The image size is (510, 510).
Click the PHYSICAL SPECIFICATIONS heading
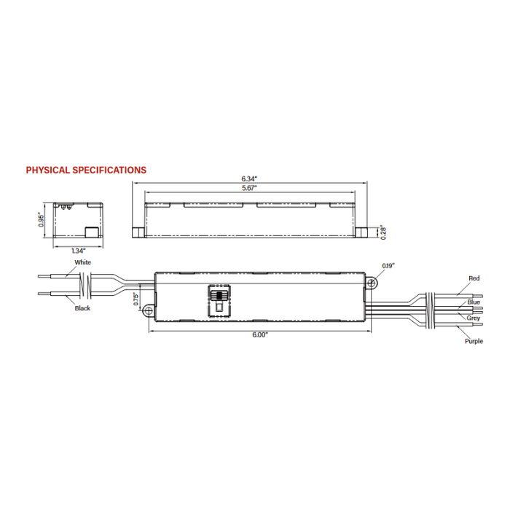[x=86, y=170]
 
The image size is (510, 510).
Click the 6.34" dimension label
[x=250, y=178]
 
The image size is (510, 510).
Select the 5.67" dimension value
[x=250, y=188]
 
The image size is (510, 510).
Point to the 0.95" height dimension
[x=42, y=220]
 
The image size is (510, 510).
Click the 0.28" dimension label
[x=382, y=232]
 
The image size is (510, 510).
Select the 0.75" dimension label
[x=136, y=299]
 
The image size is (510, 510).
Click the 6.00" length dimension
[x=260, y=334]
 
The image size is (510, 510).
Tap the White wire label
[x=82, y=262]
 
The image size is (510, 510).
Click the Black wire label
[x=82, y=308]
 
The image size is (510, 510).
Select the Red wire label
[x=474, y=278]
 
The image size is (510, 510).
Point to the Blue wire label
[x=474, y=302]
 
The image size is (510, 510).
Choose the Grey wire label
[x=474, y=318]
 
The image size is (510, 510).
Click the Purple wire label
[x=474, y=341]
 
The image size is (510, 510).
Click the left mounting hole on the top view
[x=149, y=311]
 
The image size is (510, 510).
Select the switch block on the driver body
[x=218, y=299]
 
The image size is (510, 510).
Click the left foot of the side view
[x=138, y=232]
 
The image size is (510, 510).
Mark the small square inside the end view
[x=93, y=232]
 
